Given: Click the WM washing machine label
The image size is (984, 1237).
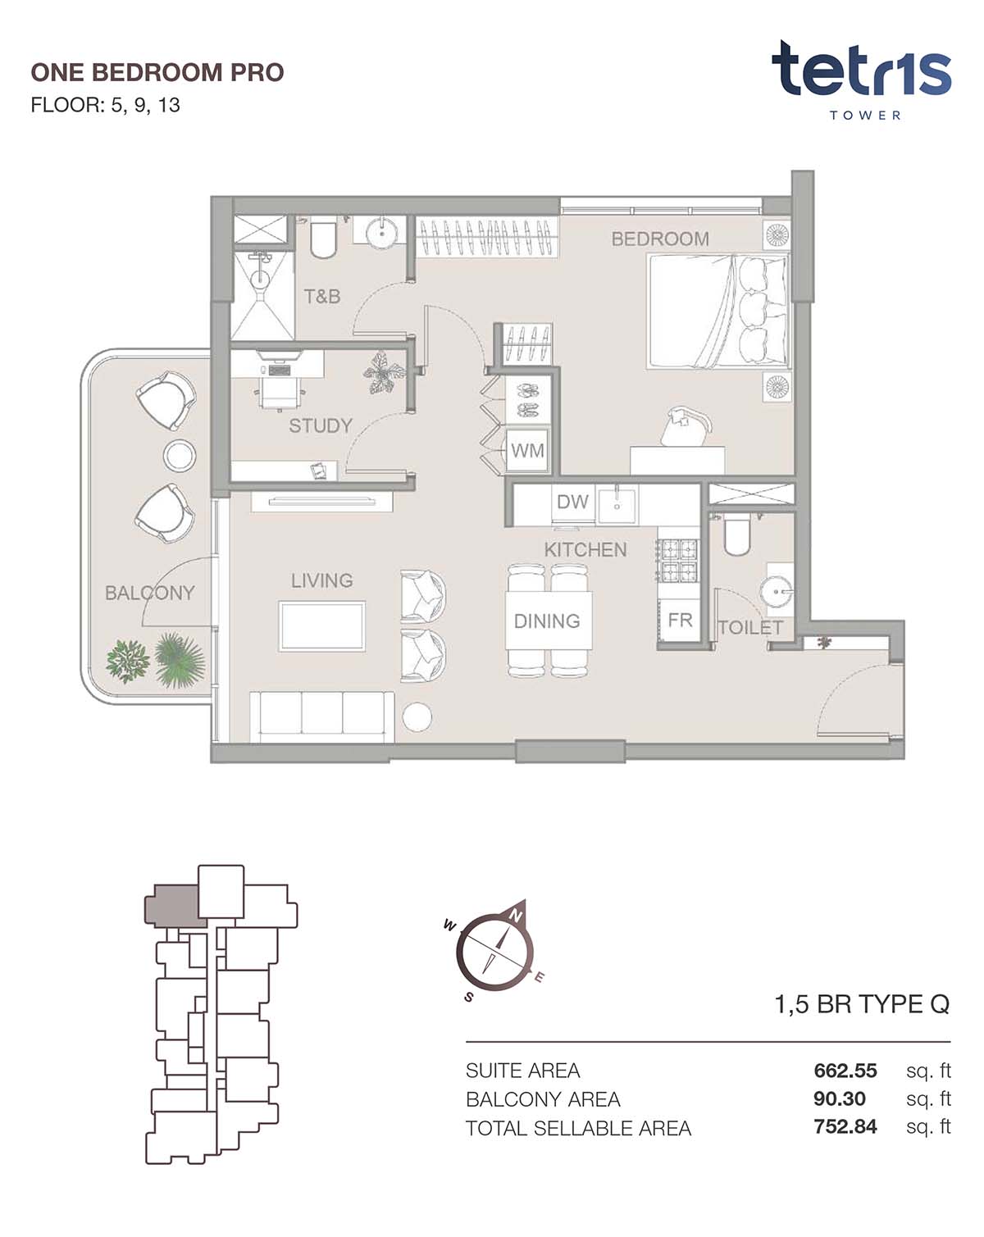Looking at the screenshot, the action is click(526, 451).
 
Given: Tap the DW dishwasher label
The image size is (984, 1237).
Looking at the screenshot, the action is click(572, 502).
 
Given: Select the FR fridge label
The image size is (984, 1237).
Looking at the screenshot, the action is click(680, 621).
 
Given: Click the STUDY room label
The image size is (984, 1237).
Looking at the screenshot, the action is click(321, 426).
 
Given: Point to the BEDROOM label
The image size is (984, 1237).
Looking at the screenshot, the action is click(659, 239).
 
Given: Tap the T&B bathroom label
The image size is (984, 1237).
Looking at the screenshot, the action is click(322, 297).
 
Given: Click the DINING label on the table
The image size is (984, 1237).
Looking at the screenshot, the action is click(547, 621).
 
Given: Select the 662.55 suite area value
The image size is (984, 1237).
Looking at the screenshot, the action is click(845, 1071).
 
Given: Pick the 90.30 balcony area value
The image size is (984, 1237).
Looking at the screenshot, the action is click(839, 1098).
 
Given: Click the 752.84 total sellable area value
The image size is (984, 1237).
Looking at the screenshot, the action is click(845, 1126).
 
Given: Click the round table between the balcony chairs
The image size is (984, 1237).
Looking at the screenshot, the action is click(180, 455).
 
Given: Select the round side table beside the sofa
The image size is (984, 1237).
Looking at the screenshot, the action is click(417, 717).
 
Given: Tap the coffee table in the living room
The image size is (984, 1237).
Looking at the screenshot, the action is click(322, 626).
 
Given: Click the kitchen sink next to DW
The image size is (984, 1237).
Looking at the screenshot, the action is click(617, 505).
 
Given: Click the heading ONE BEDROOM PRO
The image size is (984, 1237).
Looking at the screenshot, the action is click(157, 72).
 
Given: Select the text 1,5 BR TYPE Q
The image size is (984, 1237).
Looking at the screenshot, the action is click(862, 1004).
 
